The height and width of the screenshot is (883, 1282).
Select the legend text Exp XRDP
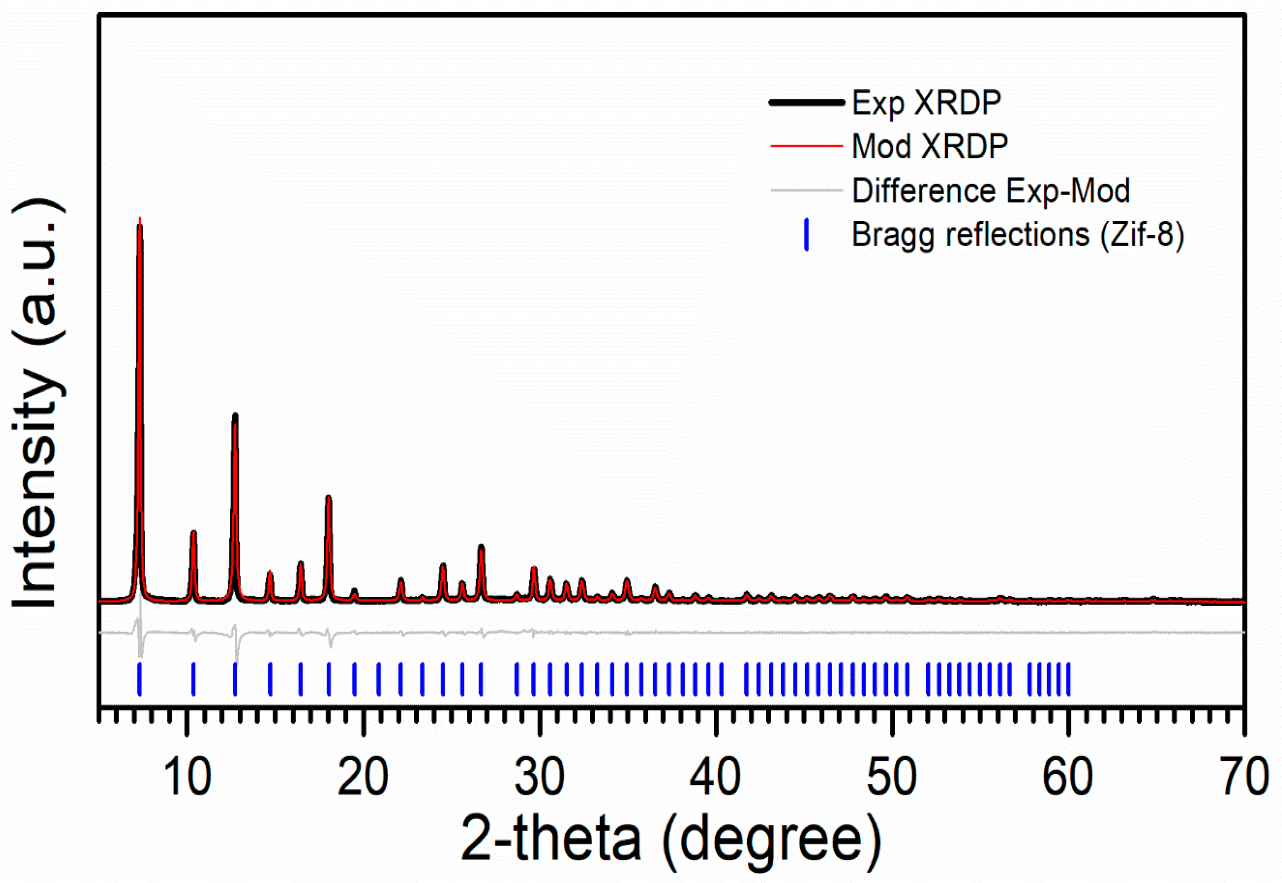[926, 102]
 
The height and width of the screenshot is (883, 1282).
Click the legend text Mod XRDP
[930, 146]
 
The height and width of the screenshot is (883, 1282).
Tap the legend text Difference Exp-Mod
[990, 190]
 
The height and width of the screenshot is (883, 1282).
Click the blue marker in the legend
[806, 234]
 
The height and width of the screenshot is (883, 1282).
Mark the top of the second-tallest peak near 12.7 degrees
[235, 415]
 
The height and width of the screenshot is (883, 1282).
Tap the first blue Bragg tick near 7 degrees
[139, 679]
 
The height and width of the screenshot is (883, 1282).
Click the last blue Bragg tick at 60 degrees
[1068, 679]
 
